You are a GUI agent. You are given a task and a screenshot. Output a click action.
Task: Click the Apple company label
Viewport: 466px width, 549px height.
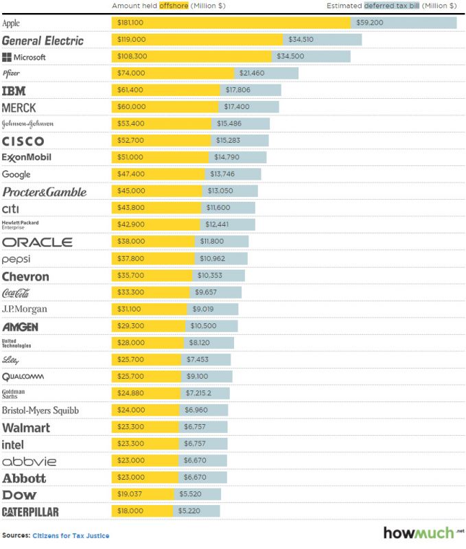(x=11, y=23)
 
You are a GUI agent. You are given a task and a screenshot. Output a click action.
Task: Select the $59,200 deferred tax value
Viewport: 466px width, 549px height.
(x=369, y=23)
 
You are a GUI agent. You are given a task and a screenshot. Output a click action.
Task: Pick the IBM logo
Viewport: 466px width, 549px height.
(x=14, y=91)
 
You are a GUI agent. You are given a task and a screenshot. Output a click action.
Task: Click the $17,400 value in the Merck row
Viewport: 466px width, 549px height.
(x=237, y=107)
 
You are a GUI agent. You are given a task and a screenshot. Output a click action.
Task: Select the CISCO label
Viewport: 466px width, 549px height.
(x=23, y=141)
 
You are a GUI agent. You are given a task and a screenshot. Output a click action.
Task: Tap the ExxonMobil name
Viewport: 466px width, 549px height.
(x=27, y=157)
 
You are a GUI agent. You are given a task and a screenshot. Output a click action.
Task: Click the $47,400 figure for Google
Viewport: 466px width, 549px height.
(x=131, y=174)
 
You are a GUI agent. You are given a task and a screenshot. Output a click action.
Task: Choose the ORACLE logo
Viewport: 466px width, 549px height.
(x=37, y=242)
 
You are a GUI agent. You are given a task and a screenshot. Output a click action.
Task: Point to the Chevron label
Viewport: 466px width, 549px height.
(x=25, y=277)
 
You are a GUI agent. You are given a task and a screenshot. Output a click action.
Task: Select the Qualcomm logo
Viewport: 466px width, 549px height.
(x=23, y=376)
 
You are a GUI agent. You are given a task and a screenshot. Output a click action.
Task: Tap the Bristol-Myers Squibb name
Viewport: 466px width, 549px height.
(x=40, y=410)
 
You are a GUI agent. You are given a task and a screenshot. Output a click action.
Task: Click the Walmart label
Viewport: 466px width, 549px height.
(x=26, y=428)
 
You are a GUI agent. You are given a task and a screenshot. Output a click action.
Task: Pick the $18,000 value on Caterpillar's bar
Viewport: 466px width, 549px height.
(x=130, y=511)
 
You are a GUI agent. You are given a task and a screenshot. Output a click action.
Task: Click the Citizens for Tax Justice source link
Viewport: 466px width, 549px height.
(x=71, y=535)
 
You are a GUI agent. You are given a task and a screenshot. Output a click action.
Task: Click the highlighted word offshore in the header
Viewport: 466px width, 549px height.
(x=172, y=5)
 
